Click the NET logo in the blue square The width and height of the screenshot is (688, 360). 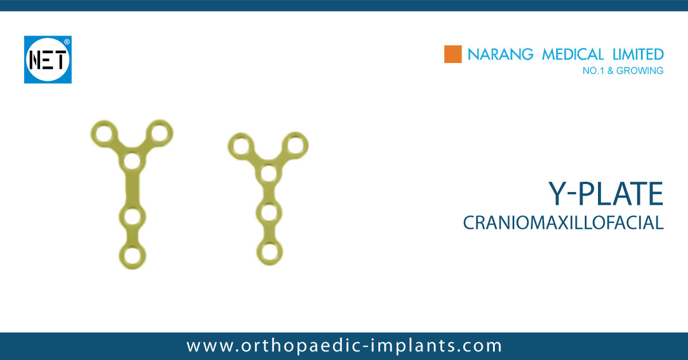click(47, 60)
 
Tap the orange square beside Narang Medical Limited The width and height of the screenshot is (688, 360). click(453, 54)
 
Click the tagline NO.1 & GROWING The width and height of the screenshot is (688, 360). click(622, 71)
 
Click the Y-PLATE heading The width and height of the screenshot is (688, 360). click(607, 194)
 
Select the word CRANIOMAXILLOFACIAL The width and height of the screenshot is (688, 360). click(563, 223)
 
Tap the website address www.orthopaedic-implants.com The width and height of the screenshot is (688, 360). click(344, 346)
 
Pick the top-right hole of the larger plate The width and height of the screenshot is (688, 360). click(159, 134)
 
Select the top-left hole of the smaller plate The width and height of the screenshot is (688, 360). click(240, 146)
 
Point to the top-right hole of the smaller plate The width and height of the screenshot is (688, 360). click(295, 144)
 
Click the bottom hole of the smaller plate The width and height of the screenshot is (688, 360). click(268, 251)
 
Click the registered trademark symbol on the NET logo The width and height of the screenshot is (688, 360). click(67, 41)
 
